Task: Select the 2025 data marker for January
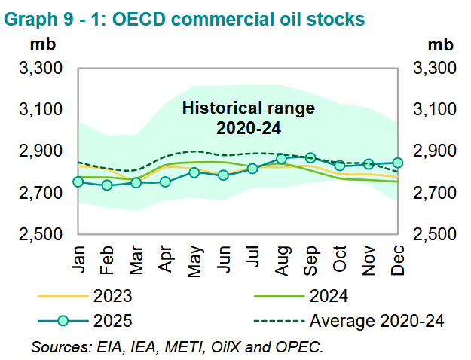(78, 182)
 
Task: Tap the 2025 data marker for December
(398, 163)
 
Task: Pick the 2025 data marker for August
(281, 159)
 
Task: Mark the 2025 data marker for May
(194, 172)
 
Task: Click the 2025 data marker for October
(340, 166)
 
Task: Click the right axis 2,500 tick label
(434, 235)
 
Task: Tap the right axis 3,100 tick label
(434, 111)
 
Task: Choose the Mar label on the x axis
(136, 258)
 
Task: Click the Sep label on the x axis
(310, 258)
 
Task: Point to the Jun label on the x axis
(223, 258)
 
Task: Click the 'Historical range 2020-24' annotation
(249, 118)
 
